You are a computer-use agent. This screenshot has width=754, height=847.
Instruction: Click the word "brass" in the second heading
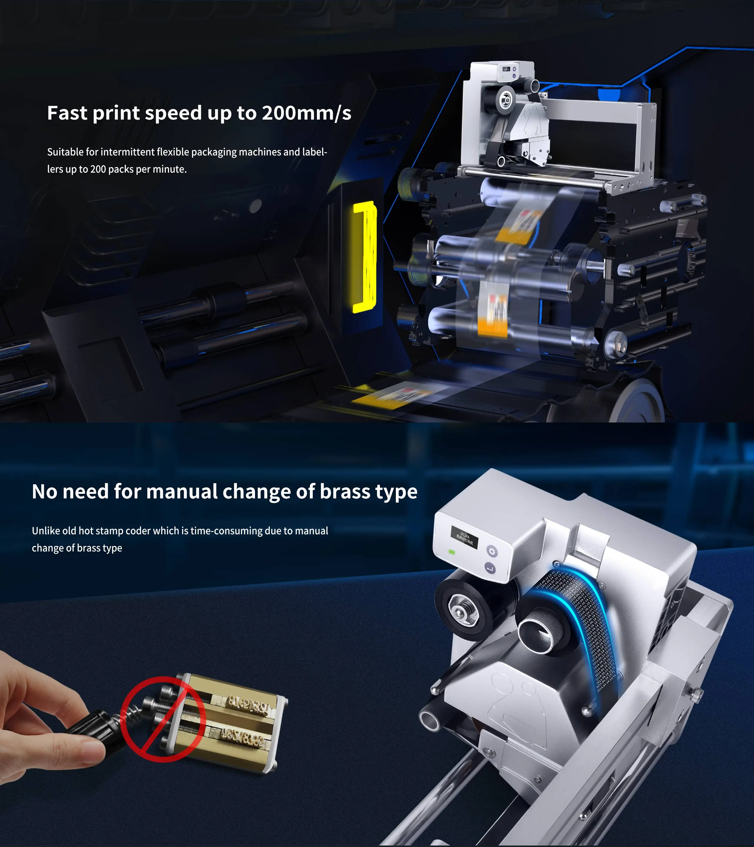345,492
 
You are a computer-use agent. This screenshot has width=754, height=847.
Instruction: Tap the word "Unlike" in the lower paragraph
46,531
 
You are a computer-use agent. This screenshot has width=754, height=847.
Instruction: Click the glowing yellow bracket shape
365,257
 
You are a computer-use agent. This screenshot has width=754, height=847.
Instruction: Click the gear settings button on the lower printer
492,551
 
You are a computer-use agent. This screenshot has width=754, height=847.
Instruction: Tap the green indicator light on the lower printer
452,552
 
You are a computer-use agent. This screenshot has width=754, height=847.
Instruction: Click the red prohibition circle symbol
163,719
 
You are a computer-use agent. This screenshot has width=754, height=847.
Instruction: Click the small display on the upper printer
506,68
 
